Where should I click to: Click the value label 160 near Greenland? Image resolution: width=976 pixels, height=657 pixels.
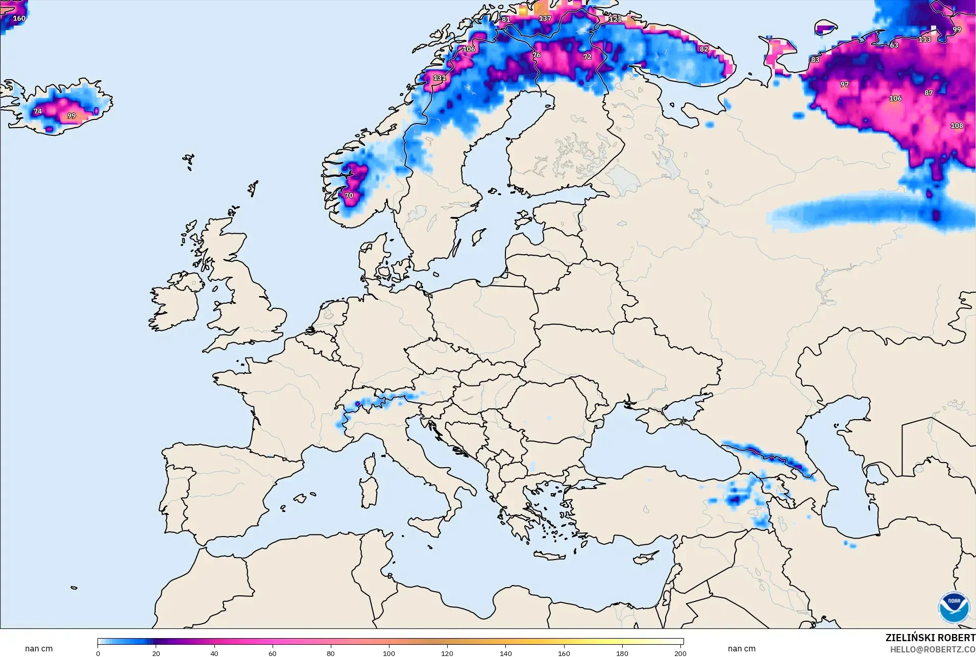(19, 18)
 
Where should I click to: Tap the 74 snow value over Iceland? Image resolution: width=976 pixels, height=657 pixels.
(38, 111)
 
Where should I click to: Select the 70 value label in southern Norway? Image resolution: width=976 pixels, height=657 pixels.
(349, 196)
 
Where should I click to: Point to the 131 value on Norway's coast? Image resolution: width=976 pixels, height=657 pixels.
(439, 78)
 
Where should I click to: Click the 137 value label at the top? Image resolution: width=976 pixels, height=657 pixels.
(545, 18)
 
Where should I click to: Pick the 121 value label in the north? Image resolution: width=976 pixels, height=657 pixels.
(615, 19)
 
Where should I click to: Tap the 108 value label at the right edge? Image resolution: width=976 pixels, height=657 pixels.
(957, 126)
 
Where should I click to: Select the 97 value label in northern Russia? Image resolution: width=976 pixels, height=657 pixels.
(844, 85)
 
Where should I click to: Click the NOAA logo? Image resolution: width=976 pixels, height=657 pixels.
(954, 607)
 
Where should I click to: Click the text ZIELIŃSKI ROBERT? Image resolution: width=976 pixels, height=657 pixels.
(930, 638)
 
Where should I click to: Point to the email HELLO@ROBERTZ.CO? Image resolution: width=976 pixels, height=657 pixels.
(933, 650)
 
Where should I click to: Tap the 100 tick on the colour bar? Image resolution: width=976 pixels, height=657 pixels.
(389, 653)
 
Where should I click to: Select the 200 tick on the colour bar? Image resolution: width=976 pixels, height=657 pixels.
(680, 653)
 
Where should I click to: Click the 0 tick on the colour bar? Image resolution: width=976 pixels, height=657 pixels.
(98, 653)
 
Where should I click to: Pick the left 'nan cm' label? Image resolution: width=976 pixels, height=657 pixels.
(39, 649)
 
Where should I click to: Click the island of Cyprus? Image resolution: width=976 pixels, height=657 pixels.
(645, 559)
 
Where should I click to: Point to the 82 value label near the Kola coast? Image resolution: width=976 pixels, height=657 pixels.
(704, 49)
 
